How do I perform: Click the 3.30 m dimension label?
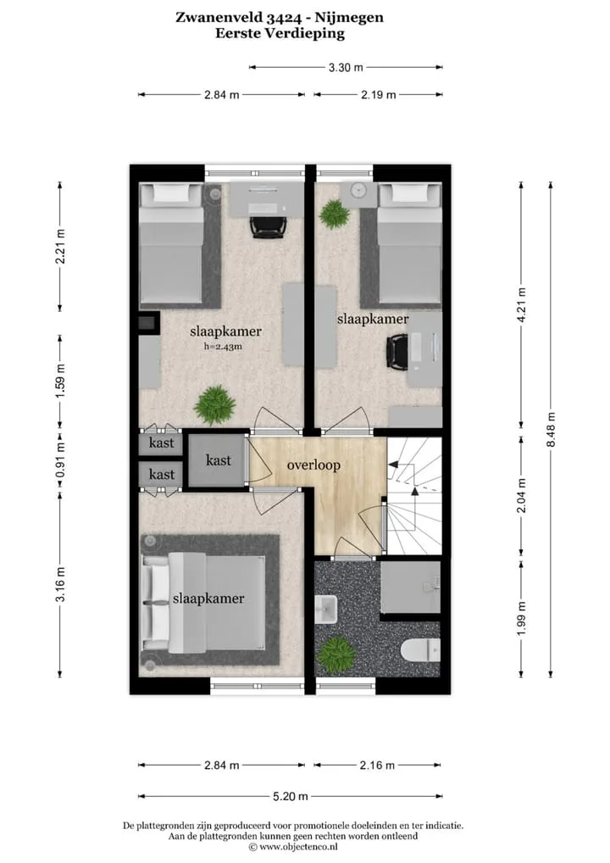pos(346,68)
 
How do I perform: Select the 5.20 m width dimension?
pos(291,796)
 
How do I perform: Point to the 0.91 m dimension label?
pos(60,460)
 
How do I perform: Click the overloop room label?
pos(313,465)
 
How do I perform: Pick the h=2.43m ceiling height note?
pos(223,347)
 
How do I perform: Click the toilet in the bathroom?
pos(420,652)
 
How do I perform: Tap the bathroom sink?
pos(326,609)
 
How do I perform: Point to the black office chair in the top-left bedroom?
pos(269,226)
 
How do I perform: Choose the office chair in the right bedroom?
pos(397,353)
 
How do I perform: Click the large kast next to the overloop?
pos(219,460)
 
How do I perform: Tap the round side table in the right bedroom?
pos(359,191)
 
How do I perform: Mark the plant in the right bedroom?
pos(334,214)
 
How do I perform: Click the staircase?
pos(414,496)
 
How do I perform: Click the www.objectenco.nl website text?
pos(298,847)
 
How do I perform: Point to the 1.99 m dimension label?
pos(522,619)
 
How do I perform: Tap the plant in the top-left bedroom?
pos(214,405)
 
